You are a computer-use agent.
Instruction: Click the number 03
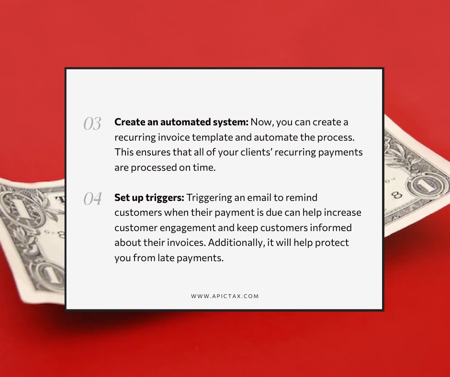pos(92,124)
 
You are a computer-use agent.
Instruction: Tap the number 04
pos(92,199)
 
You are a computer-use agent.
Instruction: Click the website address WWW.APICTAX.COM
pos(225,296)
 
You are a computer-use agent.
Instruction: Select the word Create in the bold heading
pos(128,122)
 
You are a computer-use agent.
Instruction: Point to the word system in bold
pos(233,122)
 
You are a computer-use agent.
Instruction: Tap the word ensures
pos(149,152)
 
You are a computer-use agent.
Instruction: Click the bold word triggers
pos(166,197)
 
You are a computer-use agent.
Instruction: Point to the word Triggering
pos(209,197)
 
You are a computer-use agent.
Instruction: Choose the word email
pos(259,197)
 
